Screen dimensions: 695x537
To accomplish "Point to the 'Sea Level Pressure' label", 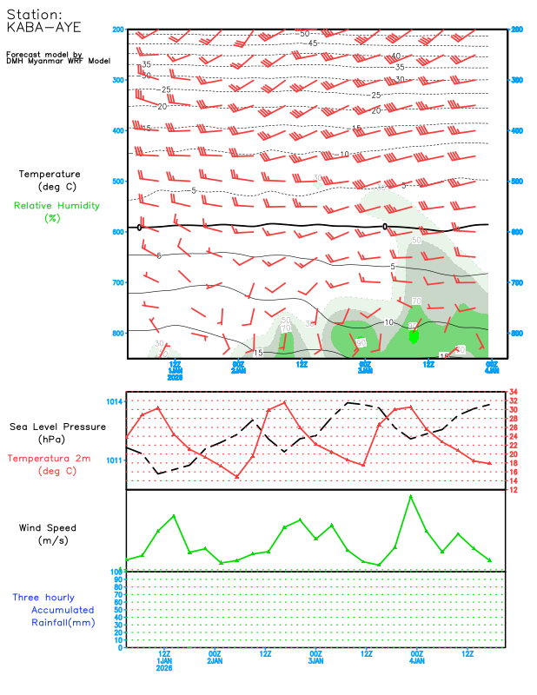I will [x=57, y=427].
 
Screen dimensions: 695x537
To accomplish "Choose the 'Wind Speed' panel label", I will [x=48, y=527].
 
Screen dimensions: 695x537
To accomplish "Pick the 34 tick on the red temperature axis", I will [x=514, y=392].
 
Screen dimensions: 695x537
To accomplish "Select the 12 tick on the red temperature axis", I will [x=514, y=489].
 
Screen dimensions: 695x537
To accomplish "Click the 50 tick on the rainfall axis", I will [x=116, y=610].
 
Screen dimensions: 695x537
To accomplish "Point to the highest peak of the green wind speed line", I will [x=410, y=496].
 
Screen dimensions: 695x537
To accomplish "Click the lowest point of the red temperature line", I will [x=236, y=476].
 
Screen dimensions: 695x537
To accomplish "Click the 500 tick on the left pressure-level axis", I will [x=118, y=182].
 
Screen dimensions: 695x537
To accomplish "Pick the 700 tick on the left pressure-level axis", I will [x=118, y=283].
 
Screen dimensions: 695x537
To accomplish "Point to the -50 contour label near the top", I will [x=303, y=33].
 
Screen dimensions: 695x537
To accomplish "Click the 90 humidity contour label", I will [x=360, y=343].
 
